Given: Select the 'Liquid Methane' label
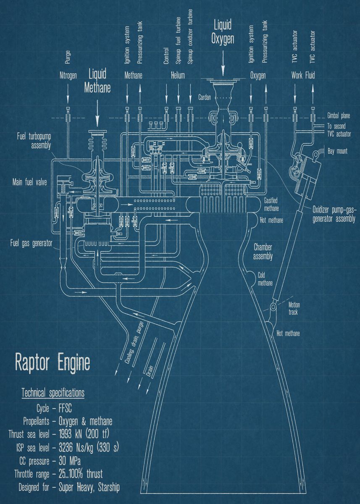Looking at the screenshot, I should pyautogui.click(x=97, y=81).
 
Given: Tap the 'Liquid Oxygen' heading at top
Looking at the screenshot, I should pyautogui.click(x=222, y=33).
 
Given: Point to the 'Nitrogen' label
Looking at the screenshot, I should pyautogui.click(x=68, y=76).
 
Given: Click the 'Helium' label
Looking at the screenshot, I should pyautogui.click(x=178, y=76).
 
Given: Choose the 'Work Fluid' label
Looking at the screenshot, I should pyautogui.click(x=303, y=76).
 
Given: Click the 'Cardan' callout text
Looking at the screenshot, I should pyautogui.click(x=206, y=97).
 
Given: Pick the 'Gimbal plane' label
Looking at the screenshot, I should pyautogui.click(x=339, y=115).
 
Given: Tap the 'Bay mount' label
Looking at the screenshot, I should pyautogui.click(x=337, y=151).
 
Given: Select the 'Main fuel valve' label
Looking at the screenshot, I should pyautogui.click(x=29, y=183).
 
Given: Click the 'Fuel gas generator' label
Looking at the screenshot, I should pyautogui.click(x=32, y=243).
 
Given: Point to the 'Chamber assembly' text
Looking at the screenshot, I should pyautogui.click(x=263, y=251).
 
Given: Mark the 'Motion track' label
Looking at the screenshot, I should pyautogui.click(x=294, y=309).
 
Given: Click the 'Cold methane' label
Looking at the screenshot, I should pyautogui.click(x=265, y=279).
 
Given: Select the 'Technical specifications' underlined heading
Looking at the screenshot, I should pyautogui.click(x=53, y=394).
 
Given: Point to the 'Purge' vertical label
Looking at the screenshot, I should pyautogui.click(x=68, y=57).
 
